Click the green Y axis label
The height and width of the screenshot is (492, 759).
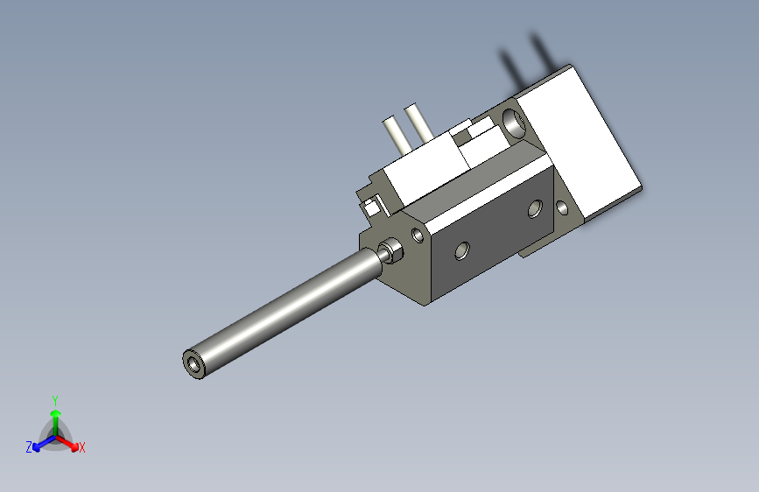point(55,398)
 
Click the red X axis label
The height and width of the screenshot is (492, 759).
point(82,448)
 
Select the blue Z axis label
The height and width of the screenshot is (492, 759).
point(29,447)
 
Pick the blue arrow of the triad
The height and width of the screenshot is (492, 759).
point(40,442)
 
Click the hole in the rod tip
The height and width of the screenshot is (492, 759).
point(193,363)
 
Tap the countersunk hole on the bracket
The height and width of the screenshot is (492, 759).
point(561,209)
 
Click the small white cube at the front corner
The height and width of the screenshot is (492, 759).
point(372,207)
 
